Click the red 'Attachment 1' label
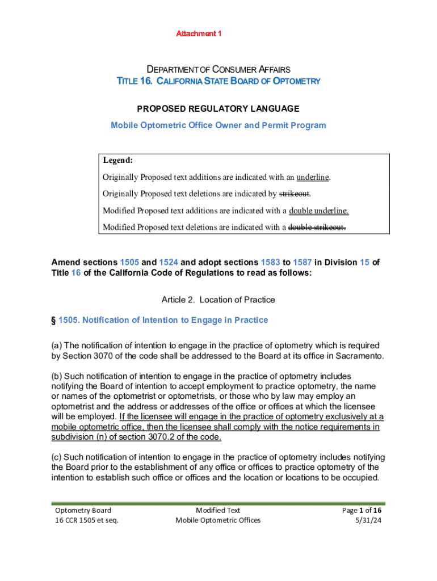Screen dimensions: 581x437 click(199, 34)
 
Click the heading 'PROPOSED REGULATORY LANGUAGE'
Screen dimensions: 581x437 click(218, 108)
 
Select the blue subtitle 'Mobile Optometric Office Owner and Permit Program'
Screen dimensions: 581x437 click(218, 125)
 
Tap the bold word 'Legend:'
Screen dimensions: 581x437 click(118, 161)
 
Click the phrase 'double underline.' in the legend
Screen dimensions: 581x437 click(319, 211)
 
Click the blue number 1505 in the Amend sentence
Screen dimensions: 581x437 click(129, 263)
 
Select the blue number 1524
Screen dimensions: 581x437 click(168, 263)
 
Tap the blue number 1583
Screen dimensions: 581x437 click(271, 263)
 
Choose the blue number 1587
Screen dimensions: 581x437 click(302, 263)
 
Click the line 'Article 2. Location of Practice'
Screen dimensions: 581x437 click(218, 300)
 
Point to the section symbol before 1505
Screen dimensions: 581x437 click(54, 321)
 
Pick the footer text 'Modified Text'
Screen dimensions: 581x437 click(218, 510)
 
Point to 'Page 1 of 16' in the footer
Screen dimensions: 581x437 click(362, 510)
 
